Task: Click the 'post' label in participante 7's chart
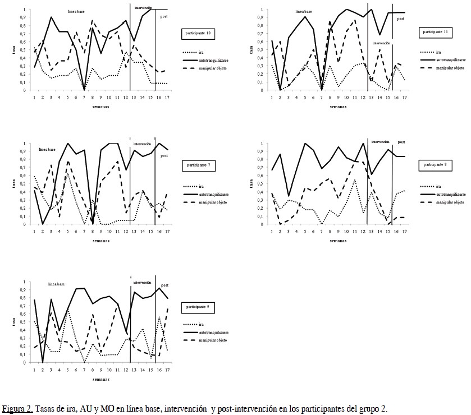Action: [164, 155]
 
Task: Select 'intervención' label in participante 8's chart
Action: [380, 142]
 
